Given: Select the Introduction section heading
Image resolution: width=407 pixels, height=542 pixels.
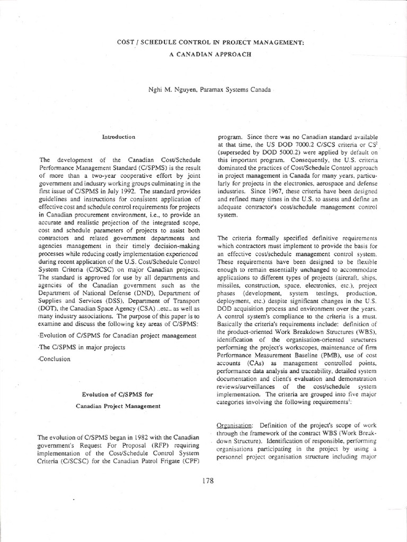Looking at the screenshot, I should [x=118, y=137].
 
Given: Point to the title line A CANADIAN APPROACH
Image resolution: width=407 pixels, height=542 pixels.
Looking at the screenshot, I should [x=203, y=55].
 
